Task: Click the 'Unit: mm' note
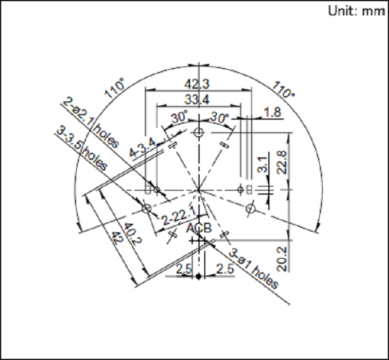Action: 356,11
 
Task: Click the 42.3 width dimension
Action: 197,84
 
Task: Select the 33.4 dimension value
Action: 197,100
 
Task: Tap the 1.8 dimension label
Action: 272,112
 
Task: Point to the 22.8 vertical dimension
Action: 282,163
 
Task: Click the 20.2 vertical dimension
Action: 282,259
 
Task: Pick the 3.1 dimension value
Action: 262,165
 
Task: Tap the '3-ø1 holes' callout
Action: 253,269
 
